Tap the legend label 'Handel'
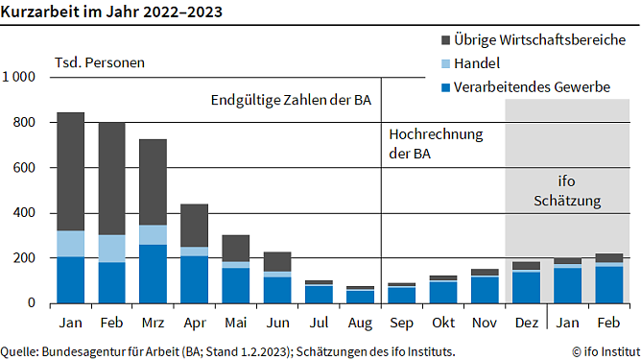480,63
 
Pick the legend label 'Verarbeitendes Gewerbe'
533,87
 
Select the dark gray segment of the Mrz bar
152,182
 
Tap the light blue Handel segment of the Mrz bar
152,235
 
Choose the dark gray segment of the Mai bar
235,248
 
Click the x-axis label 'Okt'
442,322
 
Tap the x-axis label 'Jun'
276,322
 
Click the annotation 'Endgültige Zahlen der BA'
290,99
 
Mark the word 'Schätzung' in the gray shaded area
567,202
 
